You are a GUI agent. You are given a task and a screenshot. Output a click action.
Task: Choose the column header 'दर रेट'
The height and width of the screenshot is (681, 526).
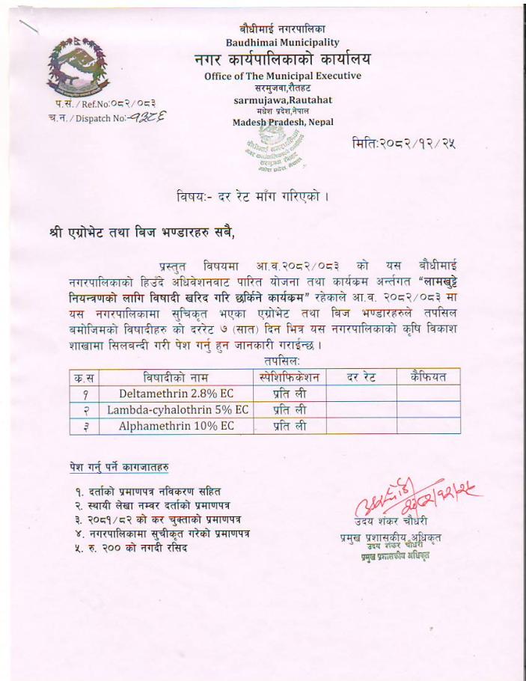click(x=361, y=376)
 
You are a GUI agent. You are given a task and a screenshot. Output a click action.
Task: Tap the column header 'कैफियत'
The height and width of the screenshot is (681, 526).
click(x=428, y=376)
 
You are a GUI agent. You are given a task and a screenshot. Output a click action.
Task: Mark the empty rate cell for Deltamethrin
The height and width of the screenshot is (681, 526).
click(x=361, y=393)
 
